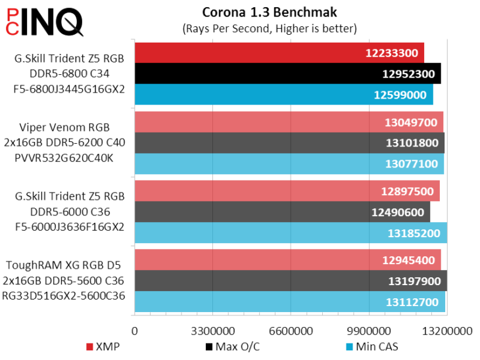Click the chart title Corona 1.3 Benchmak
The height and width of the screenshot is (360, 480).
pos(269,12)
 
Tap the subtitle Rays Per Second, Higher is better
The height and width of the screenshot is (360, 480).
pos(269,28)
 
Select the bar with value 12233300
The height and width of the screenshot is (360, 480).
pos(279,53)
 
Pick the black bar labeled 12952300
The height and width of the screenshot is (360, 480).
pos(287,74)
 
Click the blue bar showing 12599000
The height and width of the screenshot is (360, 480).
pos(283,94)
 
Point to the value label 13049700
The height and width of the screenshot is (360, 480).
pos(409,122)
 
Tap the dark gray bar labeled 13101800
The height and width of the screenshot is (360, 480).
pos(289,143)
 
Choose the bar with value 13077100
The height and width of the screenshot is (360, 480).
pos(289,164)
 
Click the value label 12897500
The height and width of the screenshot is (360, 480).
pos(407,191)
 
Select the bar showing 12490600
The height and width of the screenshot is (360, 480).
pos(282,212)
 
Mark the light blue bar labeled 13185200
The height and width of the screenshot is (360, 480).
pos(291,233)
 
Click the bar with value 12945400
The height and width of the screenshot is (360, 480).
pos(287,260)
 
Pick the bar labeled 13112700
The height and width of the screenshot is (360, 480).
pos(289,302)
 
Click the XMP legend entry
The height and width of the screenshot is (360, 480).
pos(103,346)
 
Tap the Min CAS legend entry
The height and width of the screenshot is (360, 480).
pos(373,346)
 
